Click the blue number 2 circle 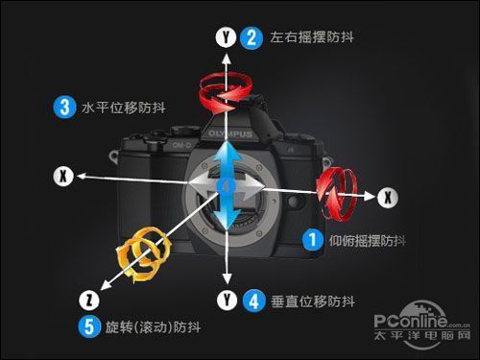252,38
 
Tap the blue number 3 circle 65,107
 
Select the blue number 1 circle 313,239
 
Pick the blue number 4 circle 254,300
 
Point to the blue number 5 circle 89,326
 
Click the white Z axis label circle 89,300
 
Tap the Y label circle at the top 226,37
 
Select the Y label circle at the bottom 227,300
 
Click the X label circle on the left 63,176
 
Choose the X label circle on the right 388,197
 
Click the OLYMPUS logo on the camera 230,133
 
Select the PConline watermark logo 422,324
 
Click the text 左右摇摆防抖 312,37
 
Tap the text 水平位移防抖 124,108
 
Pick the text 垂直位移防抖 313,301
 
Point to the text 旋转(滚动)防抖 153,327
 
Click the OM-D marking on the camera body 181,145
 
